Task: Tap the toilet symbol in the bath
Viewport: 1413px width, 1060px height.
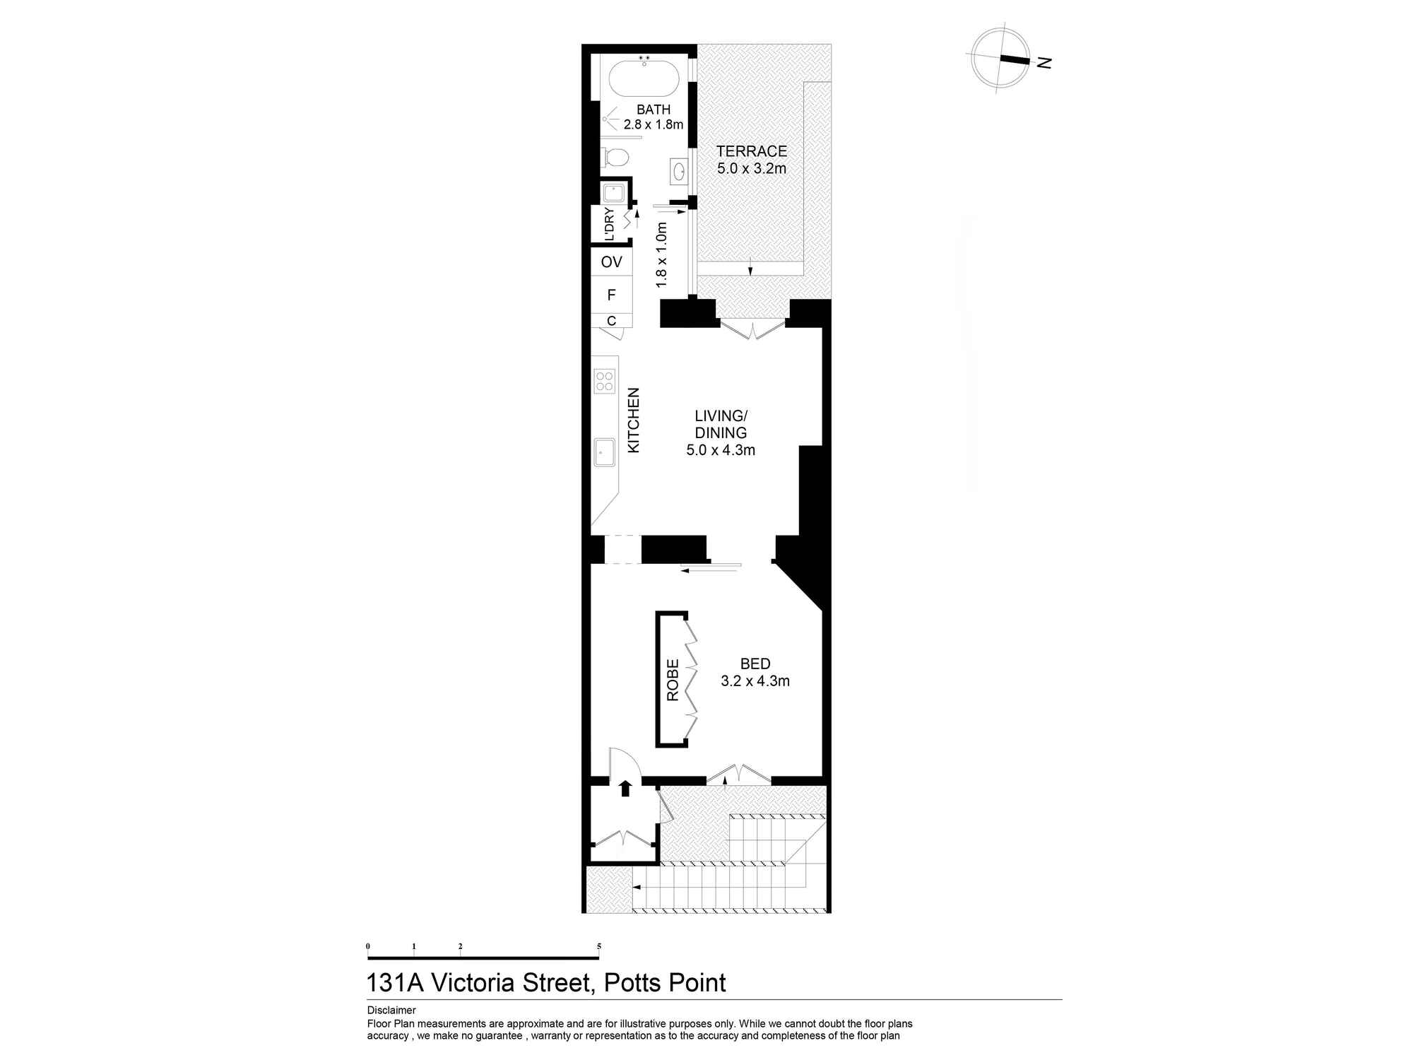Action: point(616,158)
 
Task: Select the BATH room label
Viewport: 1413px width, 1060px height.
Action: point(654,110)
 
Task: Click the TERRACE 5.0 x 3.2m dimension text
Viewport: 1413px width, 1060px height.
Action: point(752,169)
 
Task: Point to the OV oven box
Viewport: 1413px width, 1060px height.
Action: point(612,262)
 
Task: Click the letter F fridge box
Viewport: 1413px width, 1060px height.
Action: point(612,295)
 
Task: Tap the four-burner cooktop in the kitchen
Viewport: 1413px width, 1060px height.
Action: point(605,381)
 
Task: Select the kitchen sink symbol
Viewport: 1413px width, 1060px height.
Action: point(605,452)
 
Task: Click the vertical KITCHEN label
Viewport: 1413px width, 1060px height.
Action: point(634,420)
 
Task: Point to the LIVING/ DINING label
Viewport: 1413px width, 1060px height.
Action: point(721,424)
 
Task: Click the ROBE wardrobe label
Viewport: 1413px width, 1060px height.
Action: point(673,680)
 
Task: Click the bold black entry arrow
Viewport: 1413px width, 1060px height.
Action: point(625,788)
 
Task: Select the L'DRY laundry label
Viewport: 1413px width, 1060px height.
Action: point(609,223)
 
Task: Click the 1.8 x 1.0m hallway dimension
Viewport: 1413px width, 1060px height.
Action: point(661,255)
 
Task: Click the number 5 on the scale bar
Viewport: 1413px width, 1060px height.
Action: point(599,946)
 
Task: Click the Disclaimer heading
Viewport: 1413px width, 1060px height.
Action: point(391,1011)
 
